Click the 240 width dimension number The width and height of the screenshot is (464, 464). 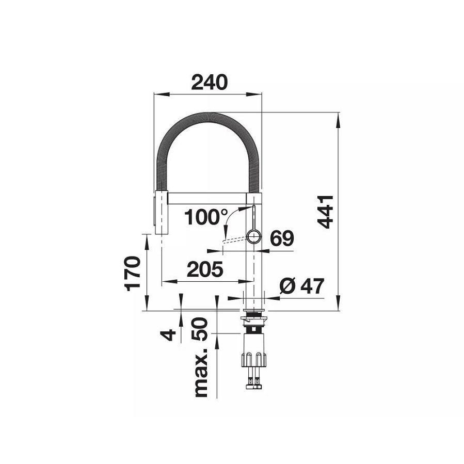tap(209, 82)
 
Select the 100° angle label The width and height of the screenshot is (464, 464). tap(203, 217)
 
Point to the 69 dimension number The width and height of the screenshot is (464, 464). tap(281, 238)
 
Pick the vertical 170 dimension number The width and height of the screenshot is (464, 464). tap(133, 273)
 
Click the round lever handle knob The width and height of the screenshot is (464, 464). tap(254, 237)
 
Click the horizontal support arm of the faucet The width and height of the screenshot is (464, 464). tap(206, 199)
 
